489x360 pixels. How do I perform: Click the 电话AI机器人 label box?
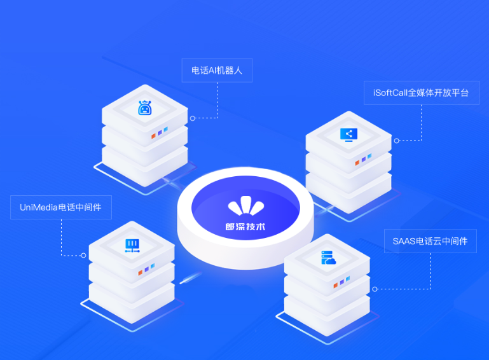pos(217,71)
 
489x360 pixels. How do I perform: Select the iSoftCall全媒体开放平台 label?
pos(422,93)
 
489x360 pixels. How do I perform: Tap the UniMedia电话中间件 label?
pos(61,207)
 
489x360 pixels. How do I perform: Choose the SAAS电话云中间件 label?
pos(430,241)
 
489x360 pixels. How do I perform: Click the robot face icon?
pos(145,108)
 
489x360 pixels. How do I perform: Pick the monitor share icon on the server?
pos(348,135)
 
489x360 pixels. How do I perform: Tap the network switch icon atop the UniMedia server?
pos(132,246)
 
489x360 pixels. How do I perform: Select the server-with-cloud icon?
pos(328,258)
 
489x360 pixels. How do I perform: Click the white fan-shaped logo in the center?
pos(246,205)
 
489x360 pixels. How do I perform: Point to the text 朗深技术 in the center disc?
pos(245,227)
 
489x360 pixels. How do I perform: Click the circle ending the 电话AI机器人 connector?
pos(193,118)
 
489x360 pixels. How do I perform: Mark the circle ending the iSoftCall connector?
pos(397,141)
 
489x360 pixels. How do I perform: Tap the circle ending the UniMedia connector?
pos(83,256)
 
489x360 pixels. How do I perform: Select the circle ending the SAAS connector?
pos(375,289)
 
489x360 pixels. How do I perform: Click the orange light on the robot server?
pos(153,136)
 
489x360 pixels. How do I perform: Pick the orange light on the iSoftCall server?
pos(357,163)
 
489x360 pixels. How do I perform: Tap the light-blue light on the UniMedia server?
pos(153,266)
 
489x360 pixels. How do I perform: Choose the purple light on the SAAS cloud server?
pos(342,282)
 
